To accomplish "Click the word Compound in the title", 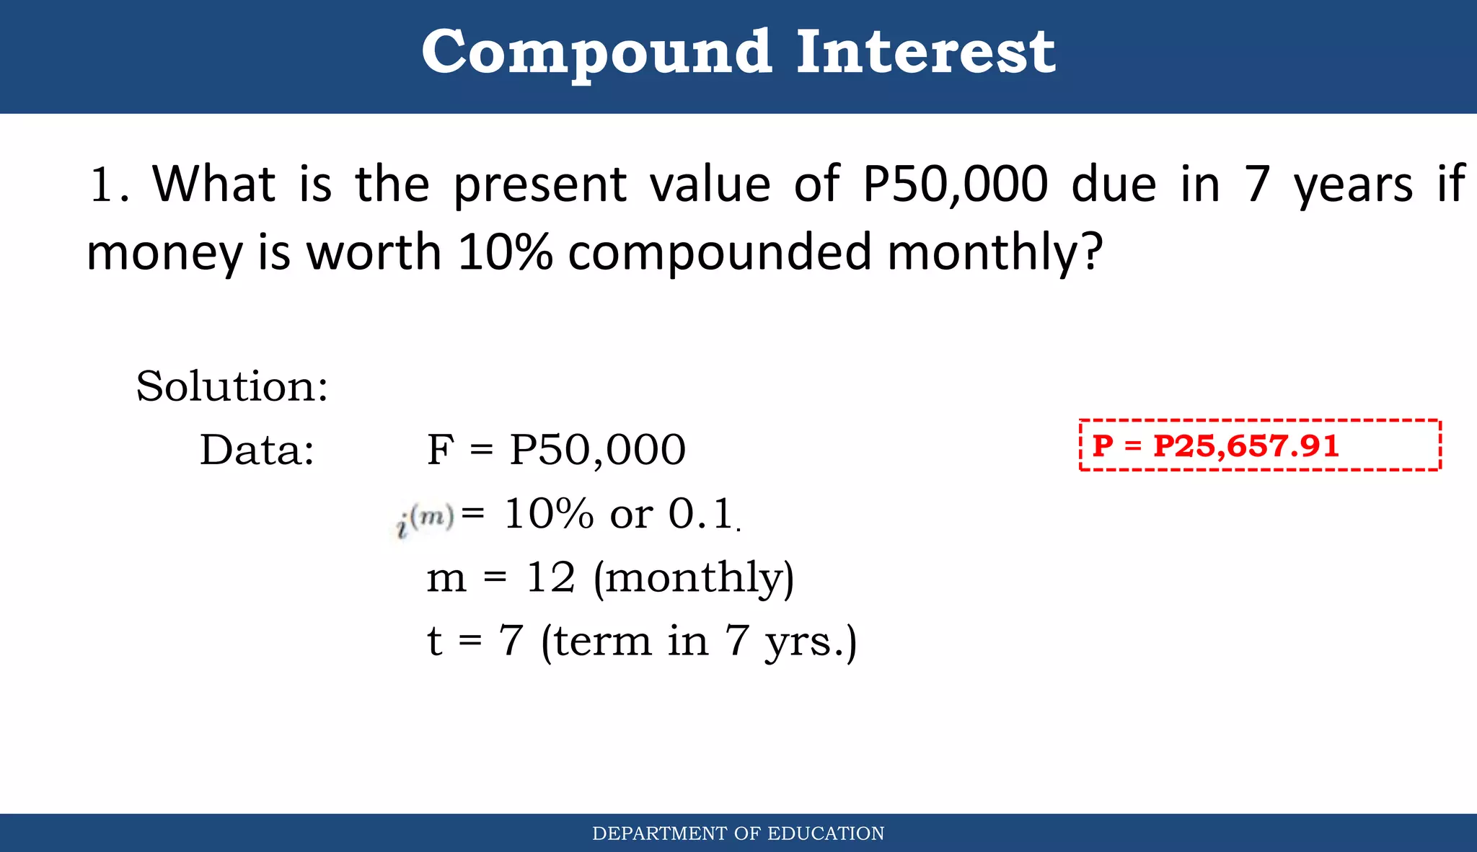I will (x=596, y=53).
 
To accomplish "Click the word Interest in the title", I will (x=925, y=53).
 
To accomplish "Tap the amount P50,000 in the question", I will (x=955, y=184).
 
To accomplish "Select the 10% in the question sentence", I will (x=505, y=252).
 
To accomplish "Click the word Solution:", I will (x=232, y=386).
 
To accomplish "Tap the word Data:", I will (x=257, y=451).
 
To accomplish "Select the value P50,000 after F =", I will (x=597, y=451).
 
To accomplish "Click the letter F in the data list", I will (x=440, y=451).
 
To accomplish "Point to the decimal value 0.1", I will (x=700, y=515).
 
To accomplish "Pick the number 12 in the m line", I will (x=551, y=578).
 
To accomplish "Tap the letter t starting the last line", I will (x=434, y=641).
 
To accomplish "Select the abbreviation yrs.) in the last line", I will (x=811, y=642).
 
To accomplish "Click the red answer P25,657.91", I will (x=1245, y=445).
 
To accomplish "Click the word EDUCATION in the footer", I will (x=826, y=834).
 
